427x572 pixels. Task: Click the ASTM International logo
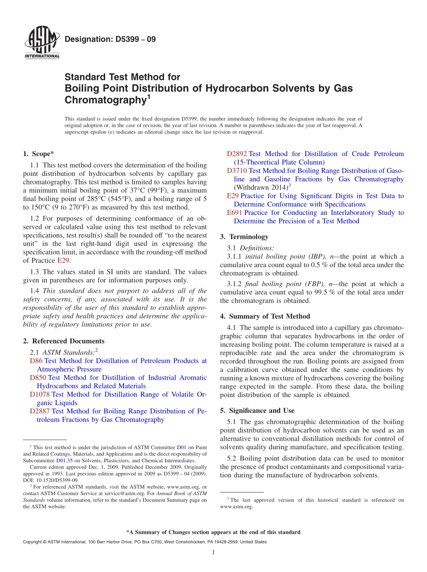(42, 44)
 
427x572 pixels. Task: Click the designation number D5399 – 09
(110, 40)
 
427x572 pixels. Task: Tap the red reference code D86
(36, 361)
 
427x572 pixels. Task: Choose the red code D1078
(40, 394)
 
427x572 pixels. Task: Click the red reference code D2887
(40, 411)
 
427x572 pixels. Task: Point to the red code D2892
(237, 154)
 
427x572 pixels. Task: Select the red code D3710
(237, 170)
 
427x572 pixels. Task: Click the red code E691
(235, 213)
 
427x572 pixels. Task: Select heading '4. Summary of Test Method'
(265, 316)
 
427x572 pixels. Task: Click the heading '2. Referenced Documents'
(63, 341)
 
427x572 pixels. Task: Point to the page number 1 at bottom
(213, 552)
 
